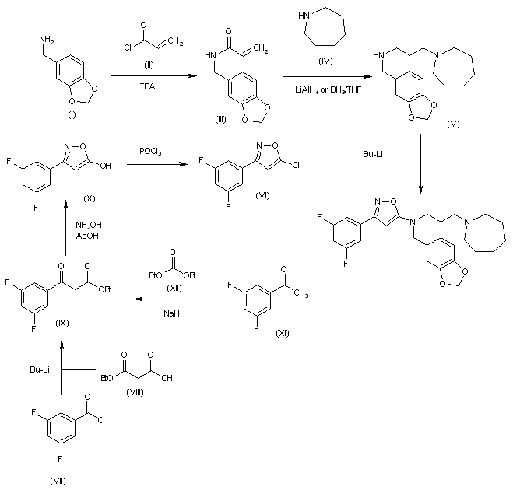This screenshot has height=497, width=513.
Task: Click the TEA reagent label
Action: [x=147, y=86]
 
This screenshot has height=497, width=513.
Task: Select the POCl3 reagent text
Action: [x=150, y=152]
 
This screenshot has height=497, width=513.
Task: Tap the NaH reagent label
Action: [x=171, y=313]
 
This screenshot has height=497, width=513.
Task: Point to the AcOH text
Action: [x=87, y=236]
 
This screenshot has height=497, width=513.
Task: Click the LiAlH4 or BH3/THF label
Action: [x=329, y=90]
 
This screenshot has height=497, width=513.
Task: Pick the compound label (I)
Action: [x=72, y=115]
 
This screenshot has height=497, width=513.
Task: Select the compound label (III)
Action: [x=220, y=120]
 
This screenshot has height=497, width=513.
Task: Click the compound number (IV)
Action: [x=325, y=61]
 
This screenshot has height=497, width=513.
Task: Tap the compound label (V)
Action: [x=453, y=124]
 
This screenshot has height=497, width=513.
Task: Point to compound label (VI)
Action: [x=262, y=195]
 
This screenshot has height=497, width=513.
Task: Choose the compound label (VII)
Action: [x=58, y=481]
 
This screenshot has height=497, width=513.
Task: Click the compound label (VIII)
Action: [x=135, y=392]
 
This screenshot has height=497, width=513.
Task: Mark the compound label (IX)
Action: [x=61, y=323]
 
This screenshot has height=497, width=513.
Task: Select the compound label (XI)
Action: [x=283, y=333]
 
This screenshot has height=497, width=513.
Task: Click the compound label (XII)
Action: [x=174, y=288]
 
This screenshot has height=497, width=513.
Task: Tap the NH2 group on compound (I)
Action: [x=47, y=40]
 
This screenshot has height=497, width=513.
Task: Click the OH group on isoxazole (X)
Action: [x=105, y=166]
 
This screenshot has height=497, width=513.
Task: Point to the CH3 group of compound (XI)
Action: [x=301, y=293]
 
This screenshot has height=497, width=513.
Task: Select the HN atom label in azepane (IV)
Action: [x=304, y=16]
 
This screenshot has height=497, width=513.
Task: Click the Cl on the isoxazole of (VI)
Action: [x=296, y=166]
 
